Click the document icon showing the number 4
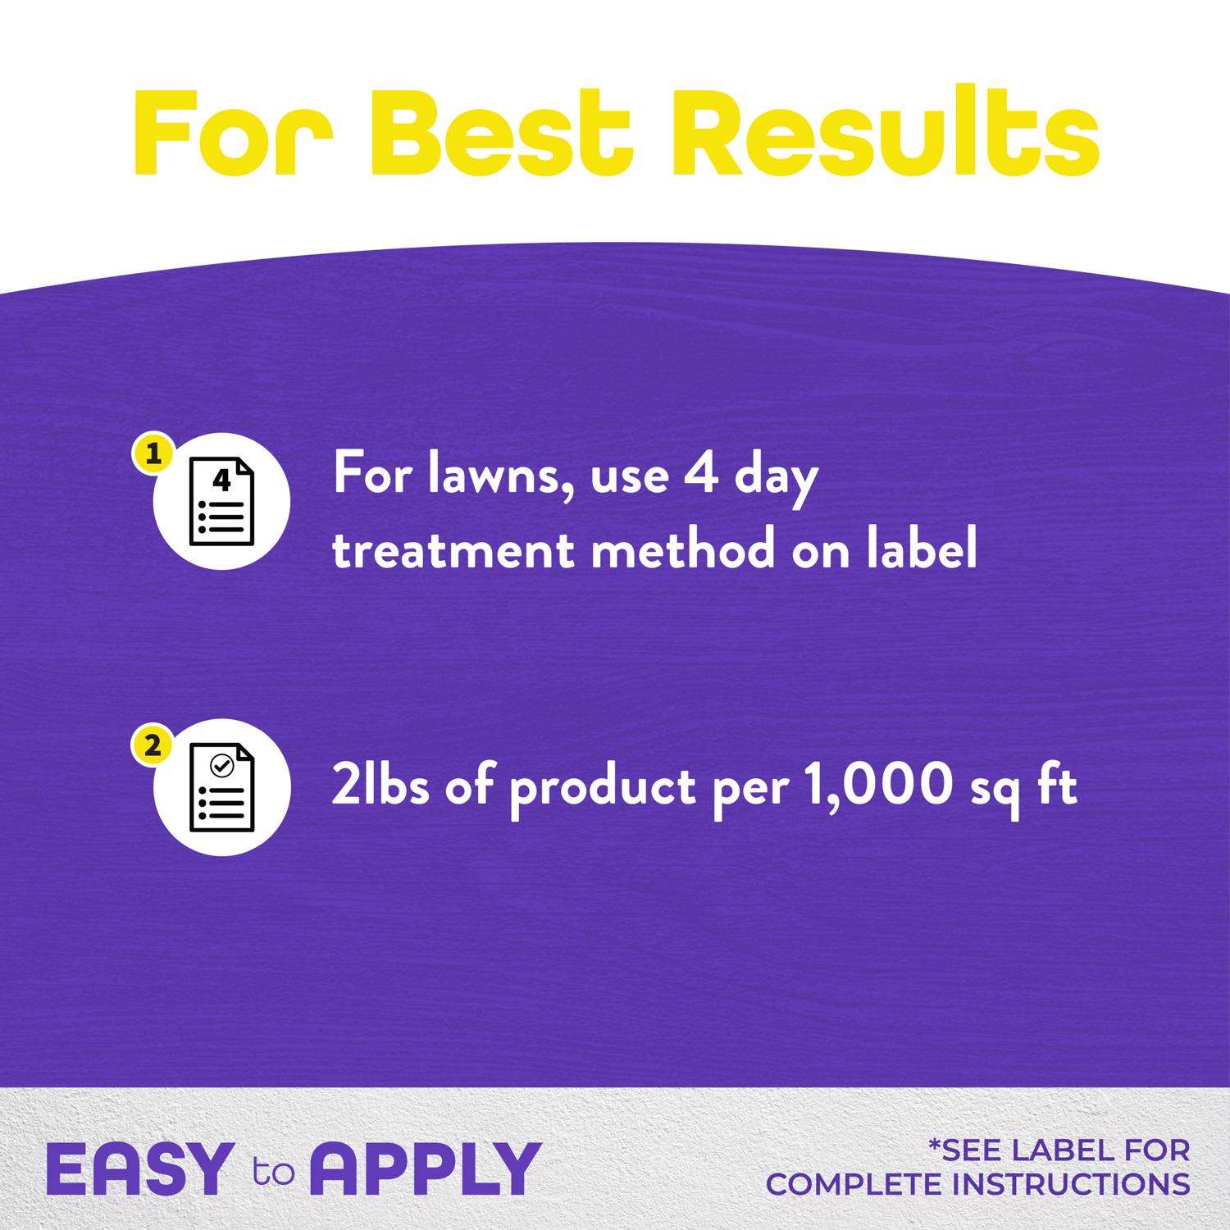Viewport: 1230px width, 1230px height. pos(221,501)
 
